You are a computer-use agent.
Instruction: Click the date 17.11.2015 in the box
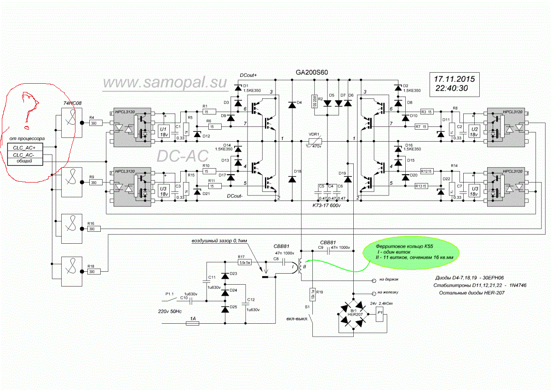tap(455, 78)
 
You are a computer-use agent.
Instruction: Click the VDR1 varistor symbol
tap(315, 141)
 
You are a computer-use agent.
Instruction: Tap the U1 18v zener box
tap(163, 132)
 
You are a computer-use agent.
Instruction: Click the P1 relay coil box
tap(380, 315)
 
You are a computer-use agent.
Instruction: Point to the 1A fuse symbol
tap(192, 323)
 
